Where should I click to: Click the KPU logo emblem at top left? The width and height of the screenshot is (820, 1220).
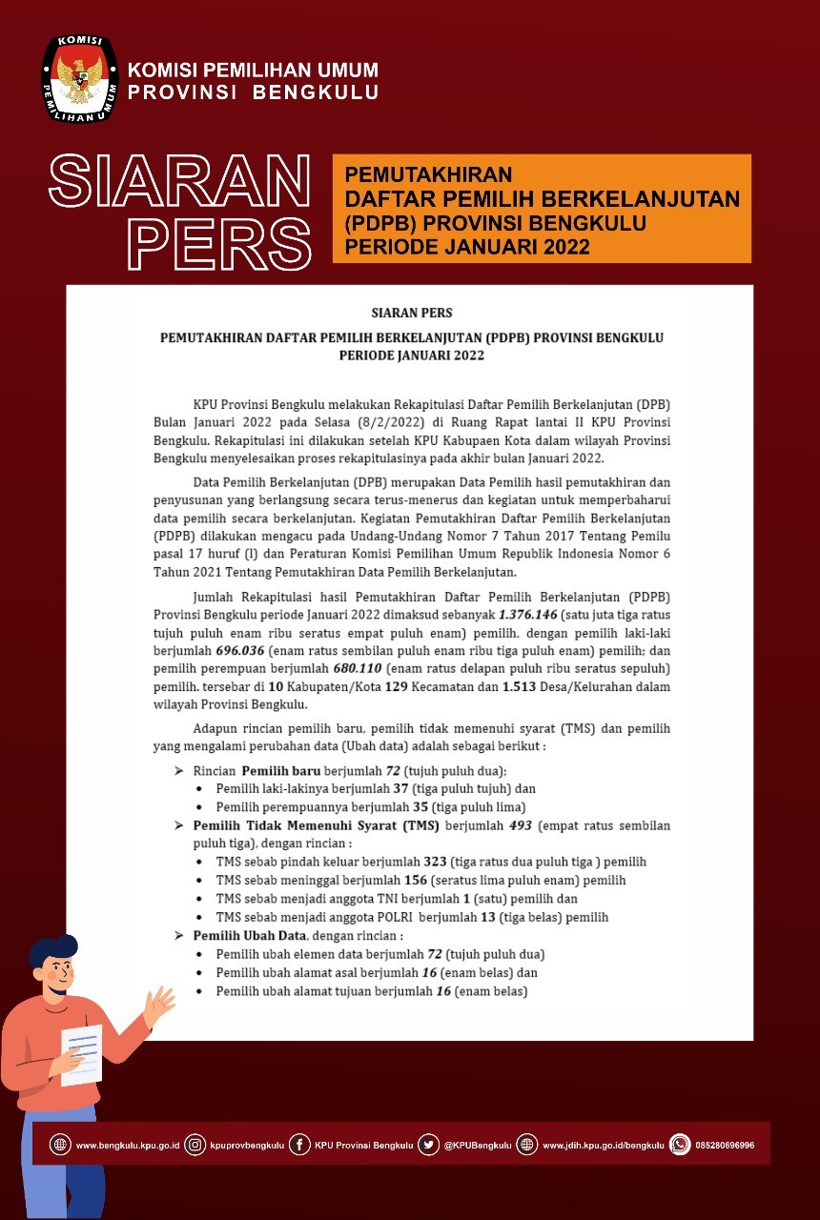[x=79, y=80]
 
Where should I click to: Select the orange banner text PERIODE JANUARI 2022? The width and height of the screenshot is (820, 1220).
[x=466, y=247]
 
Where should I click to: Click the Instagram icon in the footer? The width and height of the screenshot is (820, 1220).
[x=195, y=1145]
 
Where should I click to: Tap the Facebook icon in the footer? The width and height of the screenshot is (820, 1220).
[x=299, y=1145]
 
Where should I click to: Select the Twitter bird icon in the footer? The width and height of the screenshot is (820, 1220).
[x=429, y=1145]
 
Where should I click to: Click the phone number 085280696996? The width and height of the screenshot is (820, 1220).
[x=725, y=1145]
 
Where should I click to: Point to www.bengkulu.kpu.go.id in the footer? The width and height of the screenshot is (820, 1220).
[x=128, y=1145]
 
